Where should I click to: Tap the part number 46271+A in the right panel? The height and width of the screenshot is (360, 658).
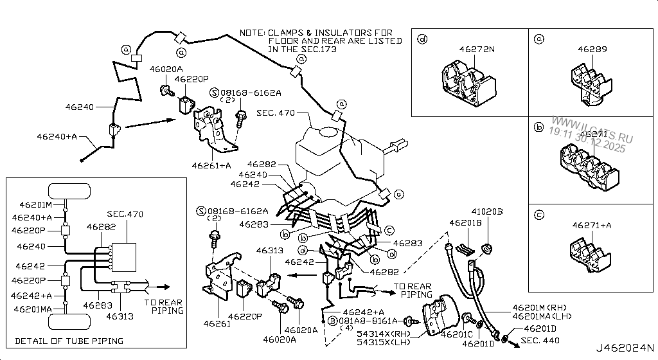[x=591, y=225]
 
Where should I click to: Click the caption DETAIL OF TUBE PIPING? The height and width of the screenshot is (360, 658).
[x=69, y=341]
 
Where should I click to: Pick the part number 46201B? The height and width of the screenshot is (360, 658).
[x=465, y=224]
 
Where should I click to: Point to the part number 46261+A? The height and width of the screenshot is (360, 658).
[x=211, y=165]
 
